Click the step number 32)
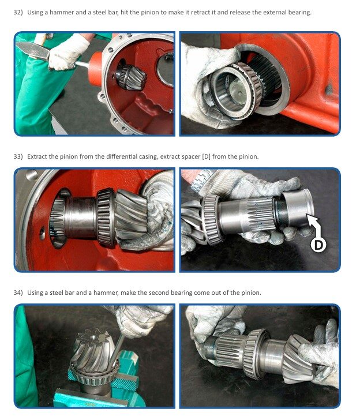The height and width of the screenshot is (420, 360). [18, 12]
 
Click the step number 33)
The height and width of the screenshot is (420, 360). [18, 156]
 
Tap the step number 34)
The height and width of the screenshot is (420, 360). [18, 292]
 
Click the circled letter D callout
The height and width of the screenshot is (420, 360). [318, 245]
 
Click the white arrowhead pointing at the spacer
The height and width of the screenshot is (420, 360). [312, 219]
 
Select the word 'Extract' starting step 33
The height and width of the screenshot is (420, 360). [37, 156]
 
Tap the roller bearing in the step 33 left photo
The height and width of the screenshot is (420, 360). [106, 217]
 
